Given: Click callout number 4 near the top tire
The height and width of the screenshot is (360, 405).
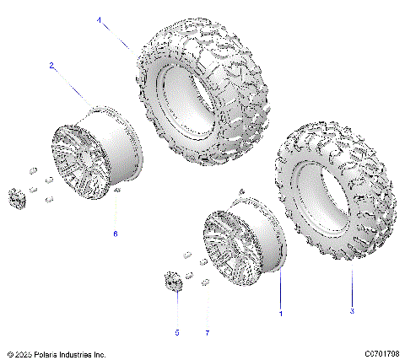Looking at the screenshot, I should click(x=99, y=19).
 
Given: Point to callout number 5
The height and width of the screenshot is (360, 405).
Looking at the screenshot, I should click(x=177, y=332).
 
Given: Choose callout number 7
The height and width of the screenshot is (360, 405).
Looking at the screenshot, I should click(x=207, y=332).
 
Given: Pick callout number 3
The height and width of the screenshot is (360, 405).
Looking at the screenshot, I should click(x=352, y=311).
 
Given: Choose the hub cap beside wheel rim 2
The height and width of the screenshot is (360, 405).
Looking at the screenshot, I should click(x=16, y=199).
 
